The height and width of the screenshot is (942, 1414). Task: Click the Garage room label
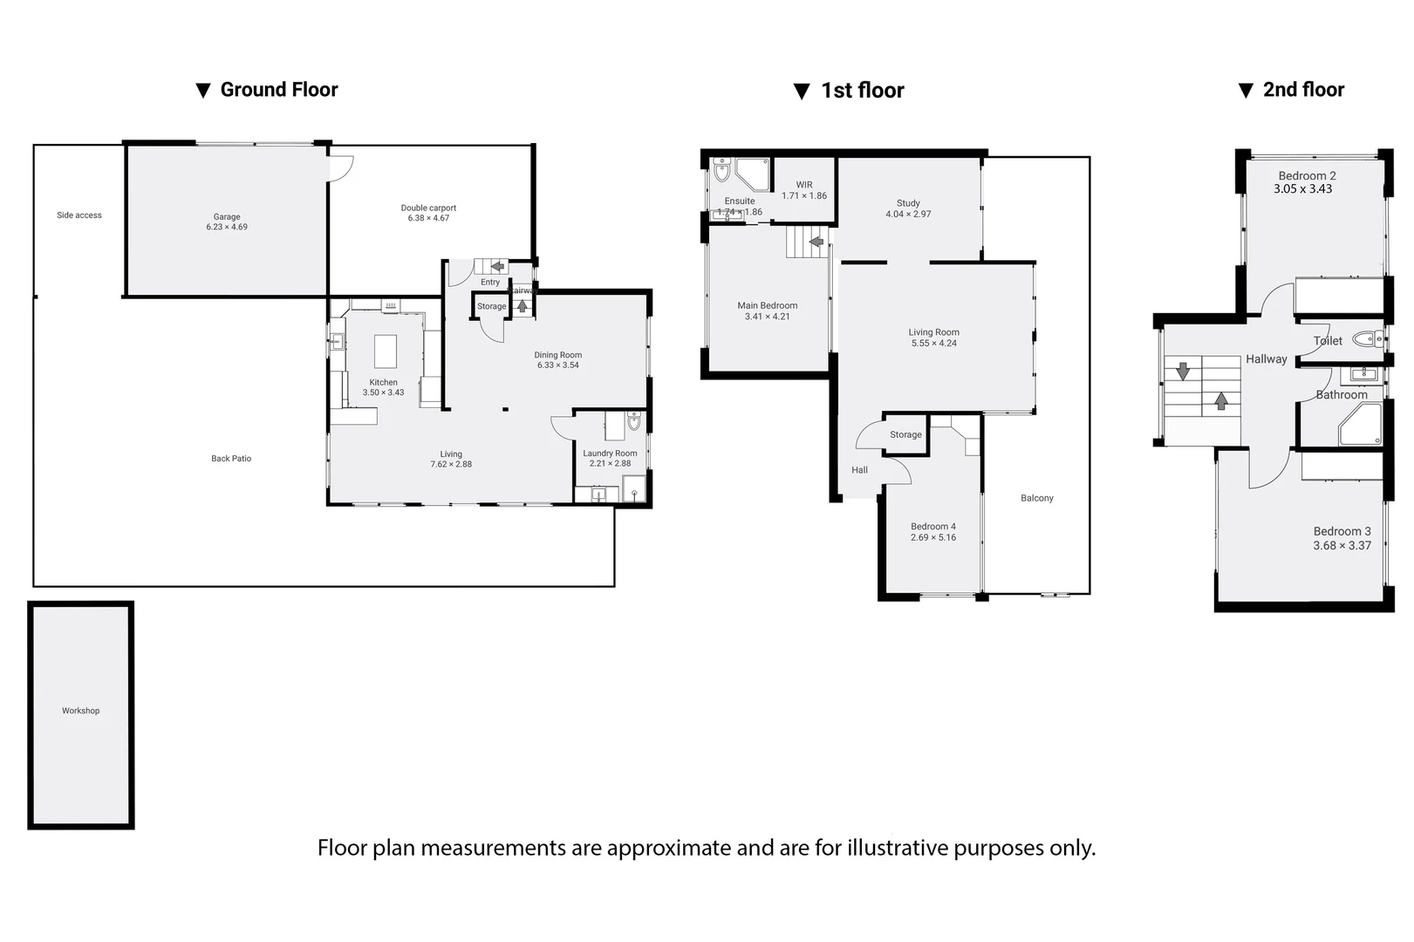pos(227,216)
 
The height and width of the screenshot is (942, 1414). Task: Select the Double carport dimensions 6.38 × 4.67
pos(428,218)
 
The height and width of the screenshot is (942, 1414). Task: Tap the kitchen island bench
pos(386,352)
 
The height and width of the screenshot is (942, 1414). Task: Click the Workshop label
pos(80,711)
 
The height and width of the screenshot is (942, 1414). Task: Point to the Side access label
pos(79,215)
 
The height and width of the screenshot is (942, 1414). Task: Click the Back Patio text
pos(231,459)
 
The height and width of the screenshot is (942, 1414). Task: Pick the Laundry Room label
pos(610,454)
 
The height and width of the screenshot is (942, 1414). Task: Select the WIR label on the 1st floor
pos(804,185)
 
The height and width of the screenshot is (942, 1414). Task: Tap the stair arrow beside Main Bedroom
pos(816,242)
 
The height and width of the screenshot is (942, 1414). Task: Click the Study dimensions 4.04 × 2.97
pos(908,215)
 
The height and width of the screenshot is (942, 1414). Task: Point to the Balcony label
pos(1037,498)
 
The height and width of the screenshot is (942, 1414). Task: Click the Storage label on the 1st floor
pos(905,434)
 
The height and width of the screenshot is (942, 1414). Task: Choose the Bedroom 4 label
pos(933,527)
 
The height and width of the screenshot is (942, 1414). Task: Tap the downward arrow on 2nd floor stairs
pos(1183,371)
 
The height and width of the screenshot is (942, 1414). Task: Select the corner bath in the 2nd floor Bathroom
pos(1361,425)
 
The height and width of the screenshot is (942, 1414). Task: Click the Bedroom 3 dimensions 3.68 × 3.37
pos(1342,546)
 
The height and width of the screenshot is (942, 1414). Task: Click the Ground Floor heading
pos(278,90)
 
